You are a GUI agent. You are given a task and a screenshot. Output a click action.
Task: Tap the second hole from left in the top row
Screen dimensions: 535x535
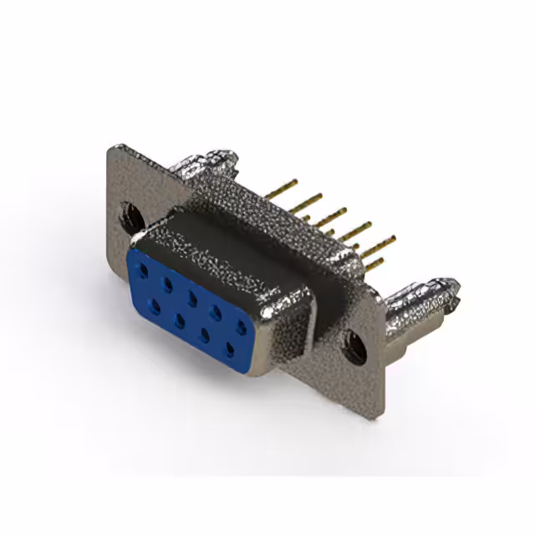coord(169,283)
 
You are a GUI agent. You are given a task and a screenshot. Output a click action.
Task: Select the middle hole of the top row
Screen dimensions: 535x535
coord(193,297)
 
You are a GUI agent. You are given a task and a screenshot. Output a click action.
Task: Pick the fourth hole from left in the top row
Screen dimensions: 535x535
coord(217,310)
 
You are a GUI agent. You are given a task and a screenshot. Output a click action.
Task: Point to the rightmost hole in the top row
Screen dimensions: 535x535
coord(242,324)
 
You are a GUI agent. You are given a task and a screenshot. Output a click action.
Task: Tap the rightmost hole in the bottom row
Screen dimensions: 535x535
coord(228,344)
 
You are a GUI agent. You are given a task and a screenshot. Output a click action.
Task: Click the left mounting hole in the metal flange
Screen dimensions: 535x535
coord(132,217)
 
